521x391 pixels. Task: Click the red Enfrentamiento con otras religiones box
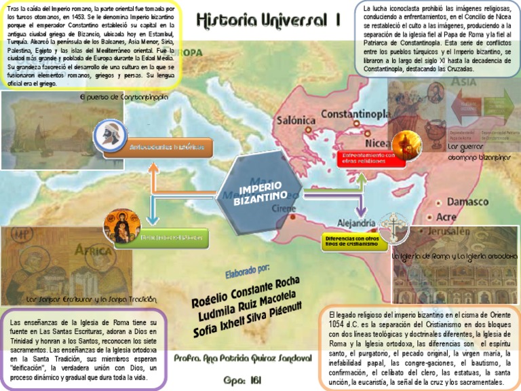(x=370, y=158)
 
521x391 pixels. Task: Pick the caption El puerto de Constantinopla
(x=124, y=98)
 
